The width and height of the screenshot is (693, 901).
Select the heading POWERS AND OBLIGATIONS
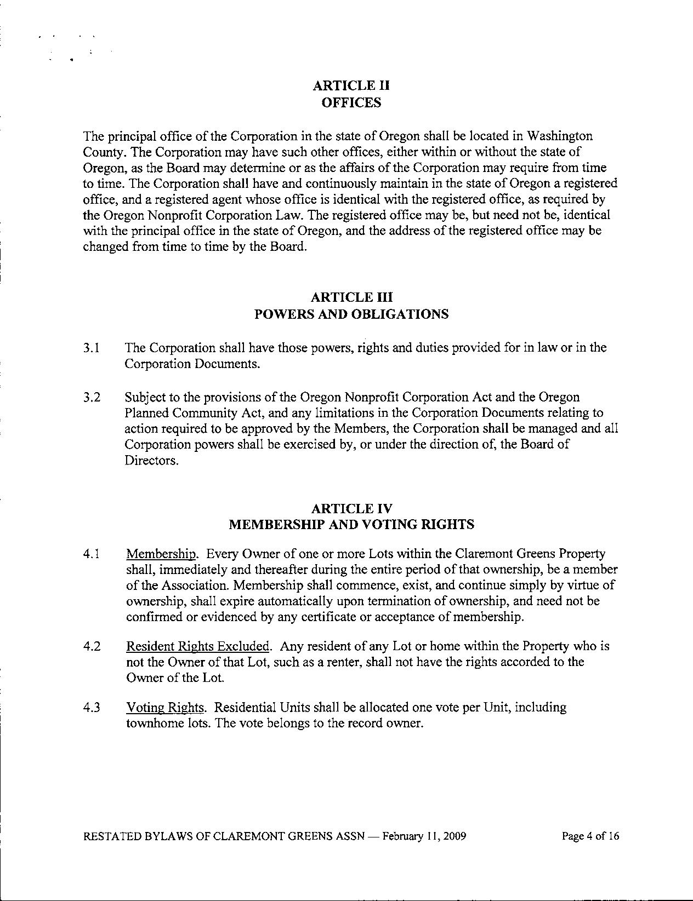(x=351, y=314)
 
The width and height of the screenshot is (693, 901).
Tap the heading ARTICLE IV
(x=351, y=508)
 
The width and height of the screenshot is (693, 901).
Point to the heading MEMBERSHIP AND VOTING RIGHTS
(x=351, y=524)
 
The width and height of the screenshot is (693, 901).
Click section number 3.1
(x=92, y=348)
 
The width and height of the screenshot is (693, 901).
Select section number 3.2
(x=92, y=397)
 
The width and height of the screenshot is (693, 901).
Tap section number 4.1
(x=92, y=554)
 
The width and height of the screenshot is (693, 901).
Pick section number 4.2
(x=92, y=646)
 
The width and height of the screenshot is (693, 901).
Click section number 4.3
(x=92, y=707)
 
